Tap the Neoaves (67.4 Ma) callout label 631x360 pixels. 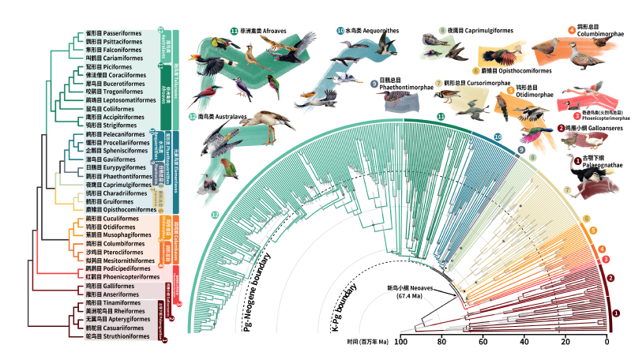tap(411, 293)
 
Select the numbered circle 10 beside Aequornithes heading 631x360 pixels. tap(340, 31)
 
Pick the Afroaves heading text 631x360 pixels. tap(269, 31)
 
